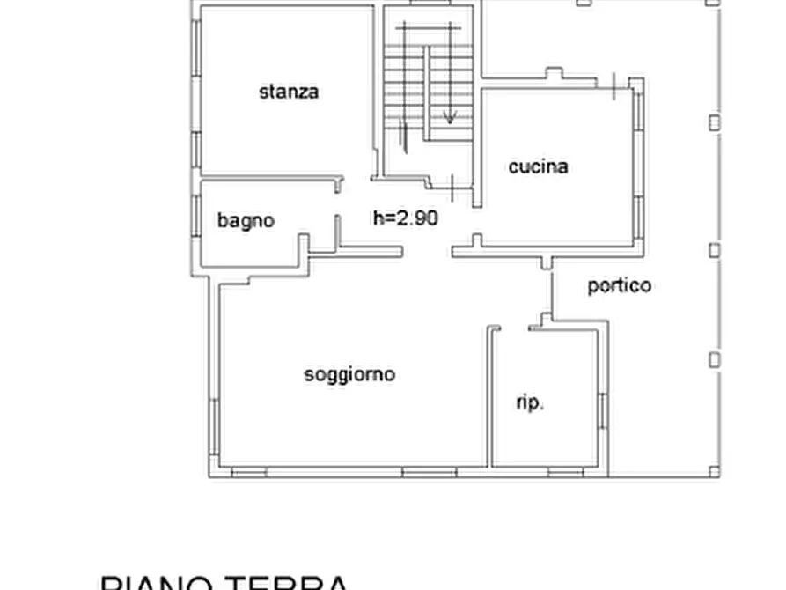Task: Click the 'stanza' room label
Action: (x=289, y=92)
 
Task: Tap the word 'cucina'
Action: (x=538, y=166)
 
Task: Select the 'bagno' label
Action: (x=246, y=220)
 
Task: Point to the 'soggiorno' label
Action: (x=349, y=374)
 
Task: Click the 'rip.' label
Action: (x=530, y=403)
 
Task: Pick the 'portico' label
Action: (x=620, y=285)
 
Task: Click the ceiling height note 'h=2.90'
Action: (x=405, y=218)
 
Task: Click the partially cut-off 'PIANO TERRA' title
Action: (x=224, y=581)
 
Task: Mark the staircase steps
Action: (x=430, y=79)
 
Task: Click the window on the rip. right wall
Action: (x=602, y=411)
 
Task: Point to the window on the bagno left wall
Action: (x=196, y=214)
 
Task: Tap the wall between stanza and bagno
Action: (x=264, y=178)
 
